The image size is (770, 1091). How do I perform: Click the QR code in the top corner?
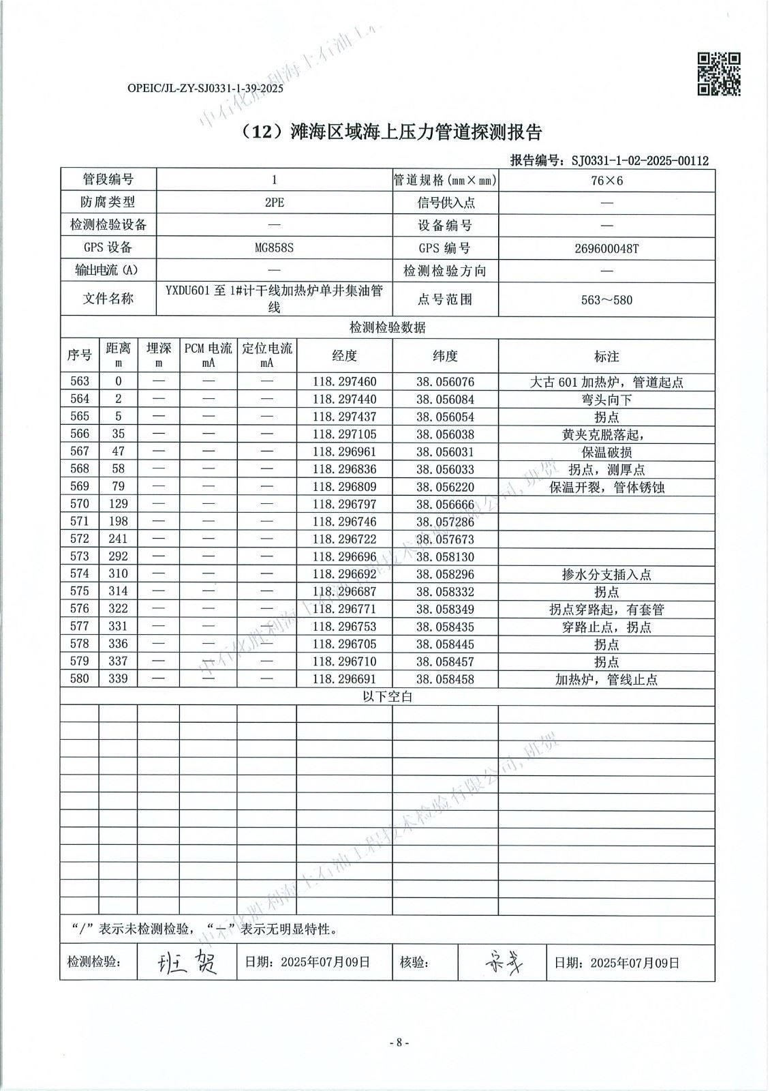point(719,74)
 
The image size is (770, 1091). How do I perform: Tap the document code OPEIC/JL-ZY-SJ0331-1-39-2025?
point(205,89)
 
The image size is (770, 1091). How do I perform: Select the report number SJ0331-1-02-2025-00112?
point(640,161)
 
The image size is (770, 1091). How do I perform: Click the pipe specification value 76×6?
point(606,180)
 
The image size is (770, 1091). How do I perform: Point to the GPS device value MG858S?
point(274,248)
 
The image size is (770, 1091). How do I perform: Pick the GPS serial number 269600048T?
point(606,248)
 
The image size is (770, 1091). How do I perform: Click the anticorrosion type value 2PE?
point(274,203)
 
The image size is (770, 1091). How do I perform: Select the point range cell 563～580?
point(606,299)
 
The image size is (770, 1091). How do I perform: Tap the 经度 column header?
point(344,355)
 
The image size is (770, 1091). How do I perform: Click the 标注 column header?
point(606,356)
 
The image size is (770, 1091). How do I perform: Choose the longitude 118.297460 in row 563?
point(344,382)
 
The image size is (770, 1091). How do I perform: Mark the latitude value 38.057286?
point(445,522)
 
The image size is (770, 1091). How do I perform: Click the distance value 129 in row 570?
point(119,504)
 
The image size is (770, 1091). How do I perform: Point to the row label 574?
point(80,574)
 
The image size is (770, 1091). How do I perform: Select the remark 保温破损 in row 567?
point(606,452)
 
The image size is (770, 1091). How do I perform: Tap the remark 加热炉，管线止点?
point(606,680)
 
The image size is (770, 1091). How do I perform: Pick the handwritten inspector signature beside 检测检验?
point(187,961)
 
